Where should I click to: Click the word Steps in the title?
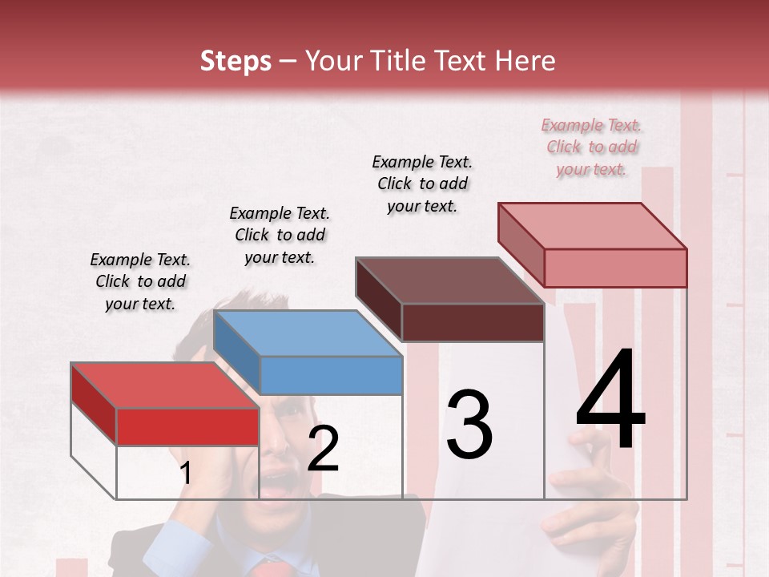coord(236,61)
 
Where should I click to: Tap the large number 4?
coord(610,401)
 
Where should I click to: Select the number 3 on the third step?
coord(469,425)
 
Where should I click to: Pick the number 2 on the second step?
coord(323,449)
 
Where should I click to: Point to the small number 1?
coord(185,474)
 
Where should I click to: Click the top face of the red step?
coord(164,385)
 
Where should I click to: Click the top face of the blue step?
coord(308,333)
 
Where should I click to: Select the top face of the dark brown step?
coord(450,280)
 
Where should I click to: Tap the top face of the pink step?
coord(593,226)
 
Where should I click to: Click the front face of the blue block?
coord(332,375)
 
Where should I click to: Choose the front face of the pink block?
coord(615,268)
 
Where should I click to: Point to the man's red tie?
coord(271,570)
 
